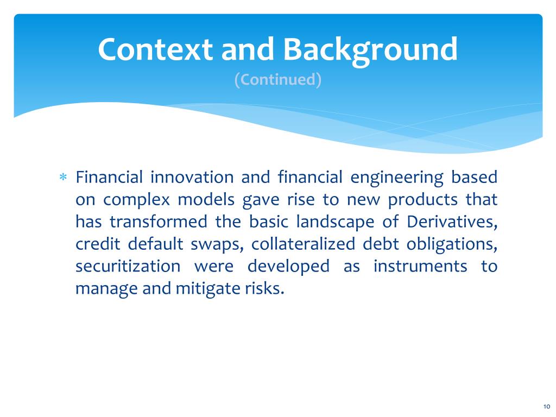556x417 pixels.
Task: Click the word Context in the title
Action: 155,49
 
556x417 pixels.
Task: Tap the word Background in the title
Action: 370,50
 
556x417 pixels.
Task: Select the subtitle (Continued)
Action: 278,79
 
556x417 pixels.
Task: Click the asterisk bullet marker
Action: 63,177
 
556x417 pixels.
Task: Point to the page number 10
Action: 546,406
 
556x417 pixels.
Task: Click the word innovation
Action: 192,176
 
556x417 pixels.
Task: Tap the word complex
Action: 136,200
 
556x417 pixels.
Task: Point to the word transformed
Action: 158,222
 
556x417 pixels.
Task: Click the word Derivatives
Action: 452,222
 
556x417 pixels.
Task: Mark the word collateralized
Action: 303,244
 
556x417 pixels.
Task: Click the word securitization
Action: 128,266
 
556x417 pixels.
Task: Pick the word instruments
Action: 420,266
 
